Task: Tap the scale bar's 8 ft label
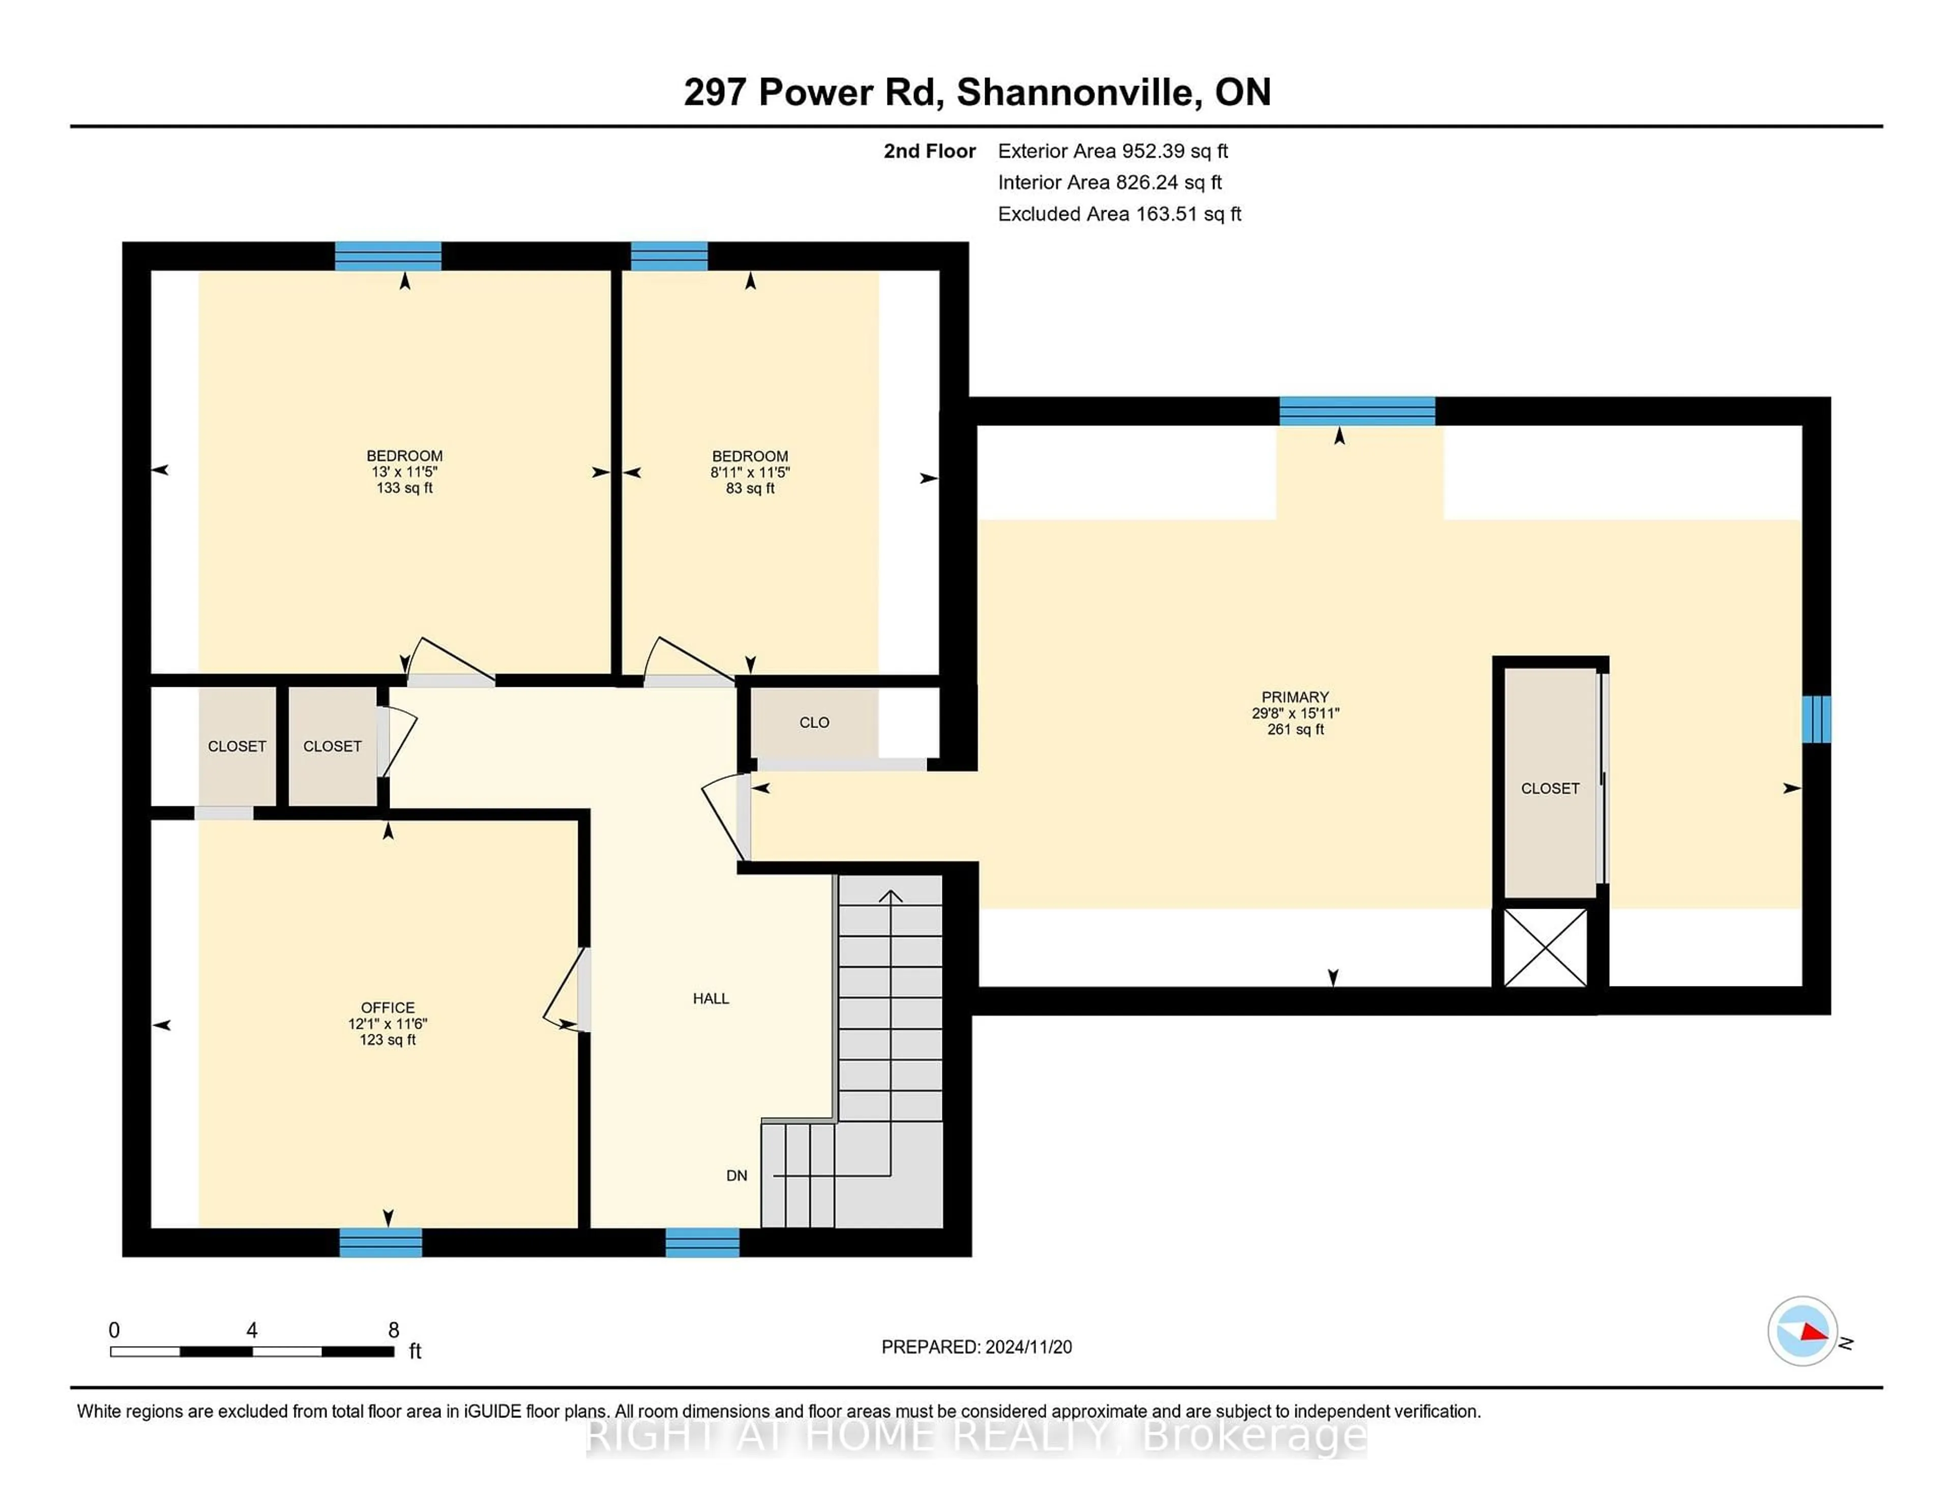tap(394, 1330)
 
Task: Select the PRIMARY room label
tap(1295, 697)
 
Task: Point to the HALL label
tap(711, 998)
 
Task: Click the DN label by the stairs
tap(736, 1175)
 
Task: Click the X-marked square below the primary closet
tap(1545, 948)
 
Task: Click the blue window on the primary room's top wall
tap(1356, 411)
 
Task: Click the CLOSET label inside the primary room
tap(1550, 788)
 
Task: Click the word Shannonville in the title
tap(1078, 92)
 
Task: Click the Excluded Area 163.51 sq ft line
tap(1119, 214)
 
